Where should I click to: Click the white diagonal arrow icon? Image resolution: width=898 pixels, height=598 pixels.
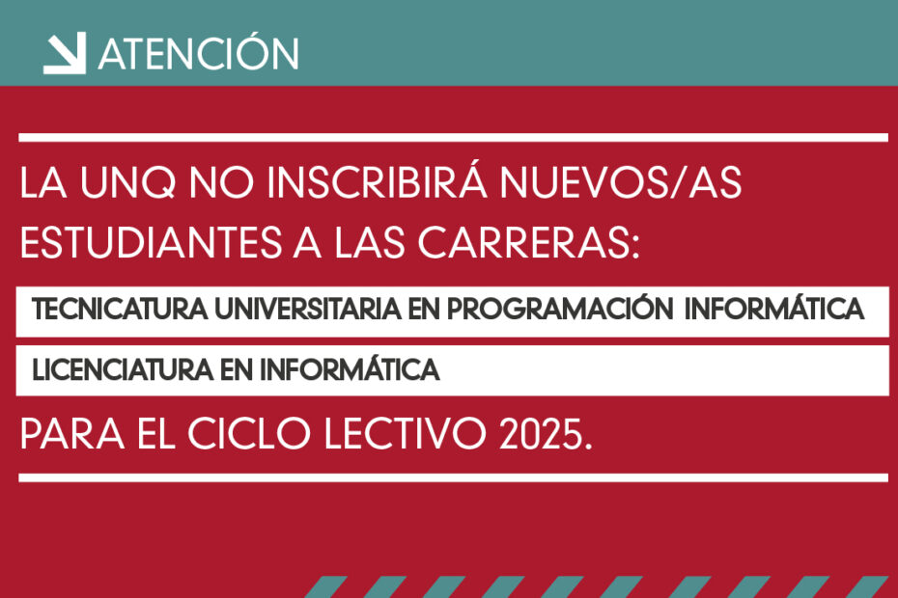click(x=65, y=53)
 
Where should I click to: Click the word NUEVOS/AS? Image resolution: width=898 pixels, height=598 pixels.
click(x=620, y=183)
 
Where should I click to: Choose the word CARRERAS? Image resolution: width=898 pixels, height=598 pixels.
click(x=528, y=242)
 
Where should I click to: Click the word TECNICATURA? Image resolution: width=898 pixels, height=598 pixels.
click(x=120, y=310)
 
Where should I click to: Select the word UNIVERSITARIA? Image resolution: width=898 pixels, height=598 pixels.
click(x=308, y=310)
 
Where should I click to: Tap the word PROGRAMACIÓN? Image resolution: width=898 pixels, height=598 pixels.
click(x=559, y=308)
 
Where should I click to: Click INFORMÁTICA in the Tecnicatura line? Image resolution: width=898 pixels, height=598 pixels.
click(x=773, y=308)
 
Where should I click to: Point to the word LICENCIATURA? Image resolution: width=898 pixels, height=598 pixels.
click(x=123, y=370)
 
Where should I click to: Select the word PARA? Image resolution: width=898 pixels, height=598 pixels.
click(x=72, y=434)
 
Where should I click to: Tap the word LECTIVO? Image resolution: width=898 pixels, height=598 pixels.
click(x=405, y=434)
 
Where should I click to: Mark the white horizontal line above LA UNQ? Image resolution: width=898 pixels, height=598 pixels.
click(x=453, y=137)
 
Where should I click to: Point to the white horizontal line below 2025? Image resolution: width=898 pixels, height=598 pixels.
click(x=453, y=477)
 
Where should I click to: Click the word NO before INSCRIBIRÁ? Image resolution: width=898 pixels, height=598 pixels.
click(x=221, y=183)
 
